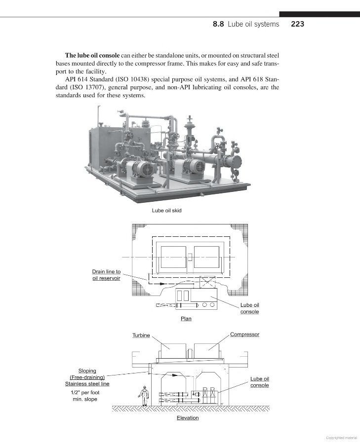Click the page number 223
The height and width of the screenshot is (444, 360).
pos(297,24)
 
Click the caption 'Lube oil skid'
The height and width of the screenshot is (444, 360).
pos(166,211)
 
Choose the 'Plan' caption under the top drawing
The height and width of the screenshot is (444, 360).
pos(186,319)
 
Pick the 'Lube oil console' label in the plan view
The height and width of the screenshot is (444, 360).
pos(249,308)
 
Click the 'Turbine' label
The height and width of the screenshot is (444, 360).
pos(141,335)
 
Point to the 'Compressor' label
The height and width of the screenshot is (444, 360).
pos(244,334)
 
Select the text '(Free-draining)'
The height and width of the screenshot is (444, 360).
pos(87,377)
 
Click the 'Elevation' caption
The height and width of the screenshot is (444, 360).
pos(188,418)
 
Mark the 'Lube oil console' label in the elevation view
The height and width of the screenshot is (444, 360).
pos(259,382)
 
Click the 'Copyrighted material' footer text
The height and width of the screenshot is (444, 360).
pos(342,437)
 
